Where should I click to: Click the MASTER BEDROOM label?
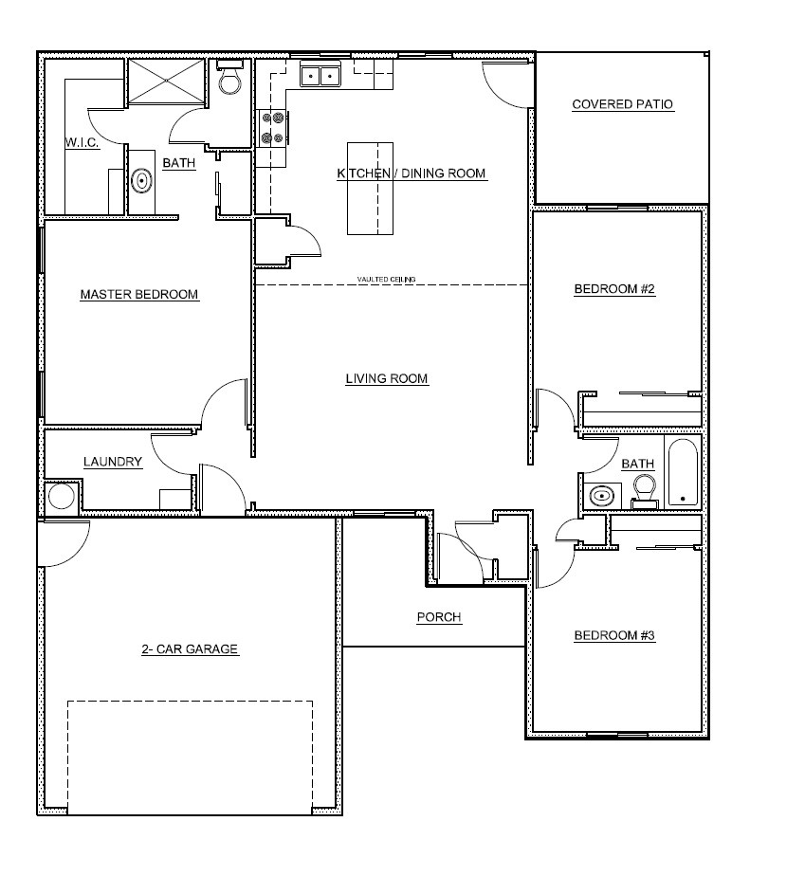point(139,294)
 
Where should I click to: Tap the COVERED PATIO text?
point(623,104)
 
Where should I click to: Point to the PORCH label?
point(439,617)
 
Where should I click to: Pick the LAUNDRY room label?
point(113,462)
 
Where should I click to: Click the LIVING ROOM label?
point(387,378)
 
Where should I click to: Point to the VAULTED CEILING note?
point(386,280)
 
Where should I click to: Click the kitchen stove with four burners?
point(271,128)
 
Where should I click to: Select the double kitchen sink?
point(320,75)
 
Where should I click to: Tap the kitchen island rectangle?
point(370,189)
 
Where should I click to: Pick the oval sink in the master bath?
point(142,180)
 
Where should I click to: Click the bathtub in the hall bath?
point(682,472)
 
